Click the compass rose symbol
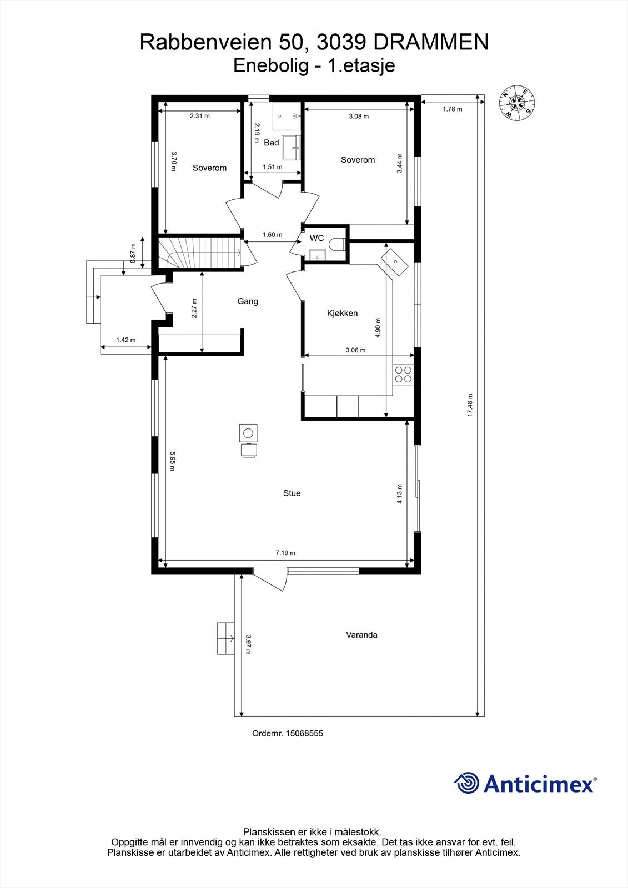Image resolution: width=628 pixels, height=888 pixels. pyautogui.click(x=518, y=102)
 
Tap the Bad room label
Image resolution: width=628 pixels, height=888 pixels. pyautogui.click(x=271, y=143)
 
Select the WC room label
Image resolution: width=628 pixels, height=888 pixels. pyautogui.click(x=316, y=238)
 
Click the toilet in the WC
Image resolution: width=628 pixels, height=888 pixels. pyautogui.click(x=336, y=244)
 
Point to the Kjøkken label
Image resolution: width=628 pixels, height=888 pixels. pyautogui.click(x=342, y=313)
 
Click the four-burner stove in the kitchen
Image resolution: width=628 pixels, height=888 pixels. pyautogui.click(x=403, y=375)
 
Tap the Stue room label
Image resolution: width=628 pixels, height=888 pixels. pyautogui.click(x=292, y=493)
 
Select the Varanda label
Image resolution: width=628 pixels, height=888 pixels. pyautogui.click(x=361, y=634)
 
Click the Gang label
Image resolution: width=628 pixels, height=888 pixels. pyautogui.click(x=248, y=301)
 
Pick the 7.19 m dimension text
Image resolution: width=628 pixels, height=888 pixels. pyautogui.click(x=285, y=553)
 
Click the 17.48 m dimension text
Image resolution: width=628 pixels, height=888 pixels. pyautogui.click(x=470, y=405)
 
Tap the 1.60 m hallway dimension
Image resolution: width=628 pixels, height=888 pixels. pyautogui.click(x=272, y=235)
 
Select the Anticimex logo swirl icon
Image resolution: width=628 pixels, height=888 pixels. pyautogui.click(x=466, y=783)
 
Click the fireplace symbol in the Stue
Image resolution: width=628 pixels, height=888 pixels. pyautogui.click(x=248, y=432)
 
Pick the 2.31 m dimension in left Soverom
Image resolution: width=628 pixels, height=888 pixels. pyautogui.click(x=200, y=116)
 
